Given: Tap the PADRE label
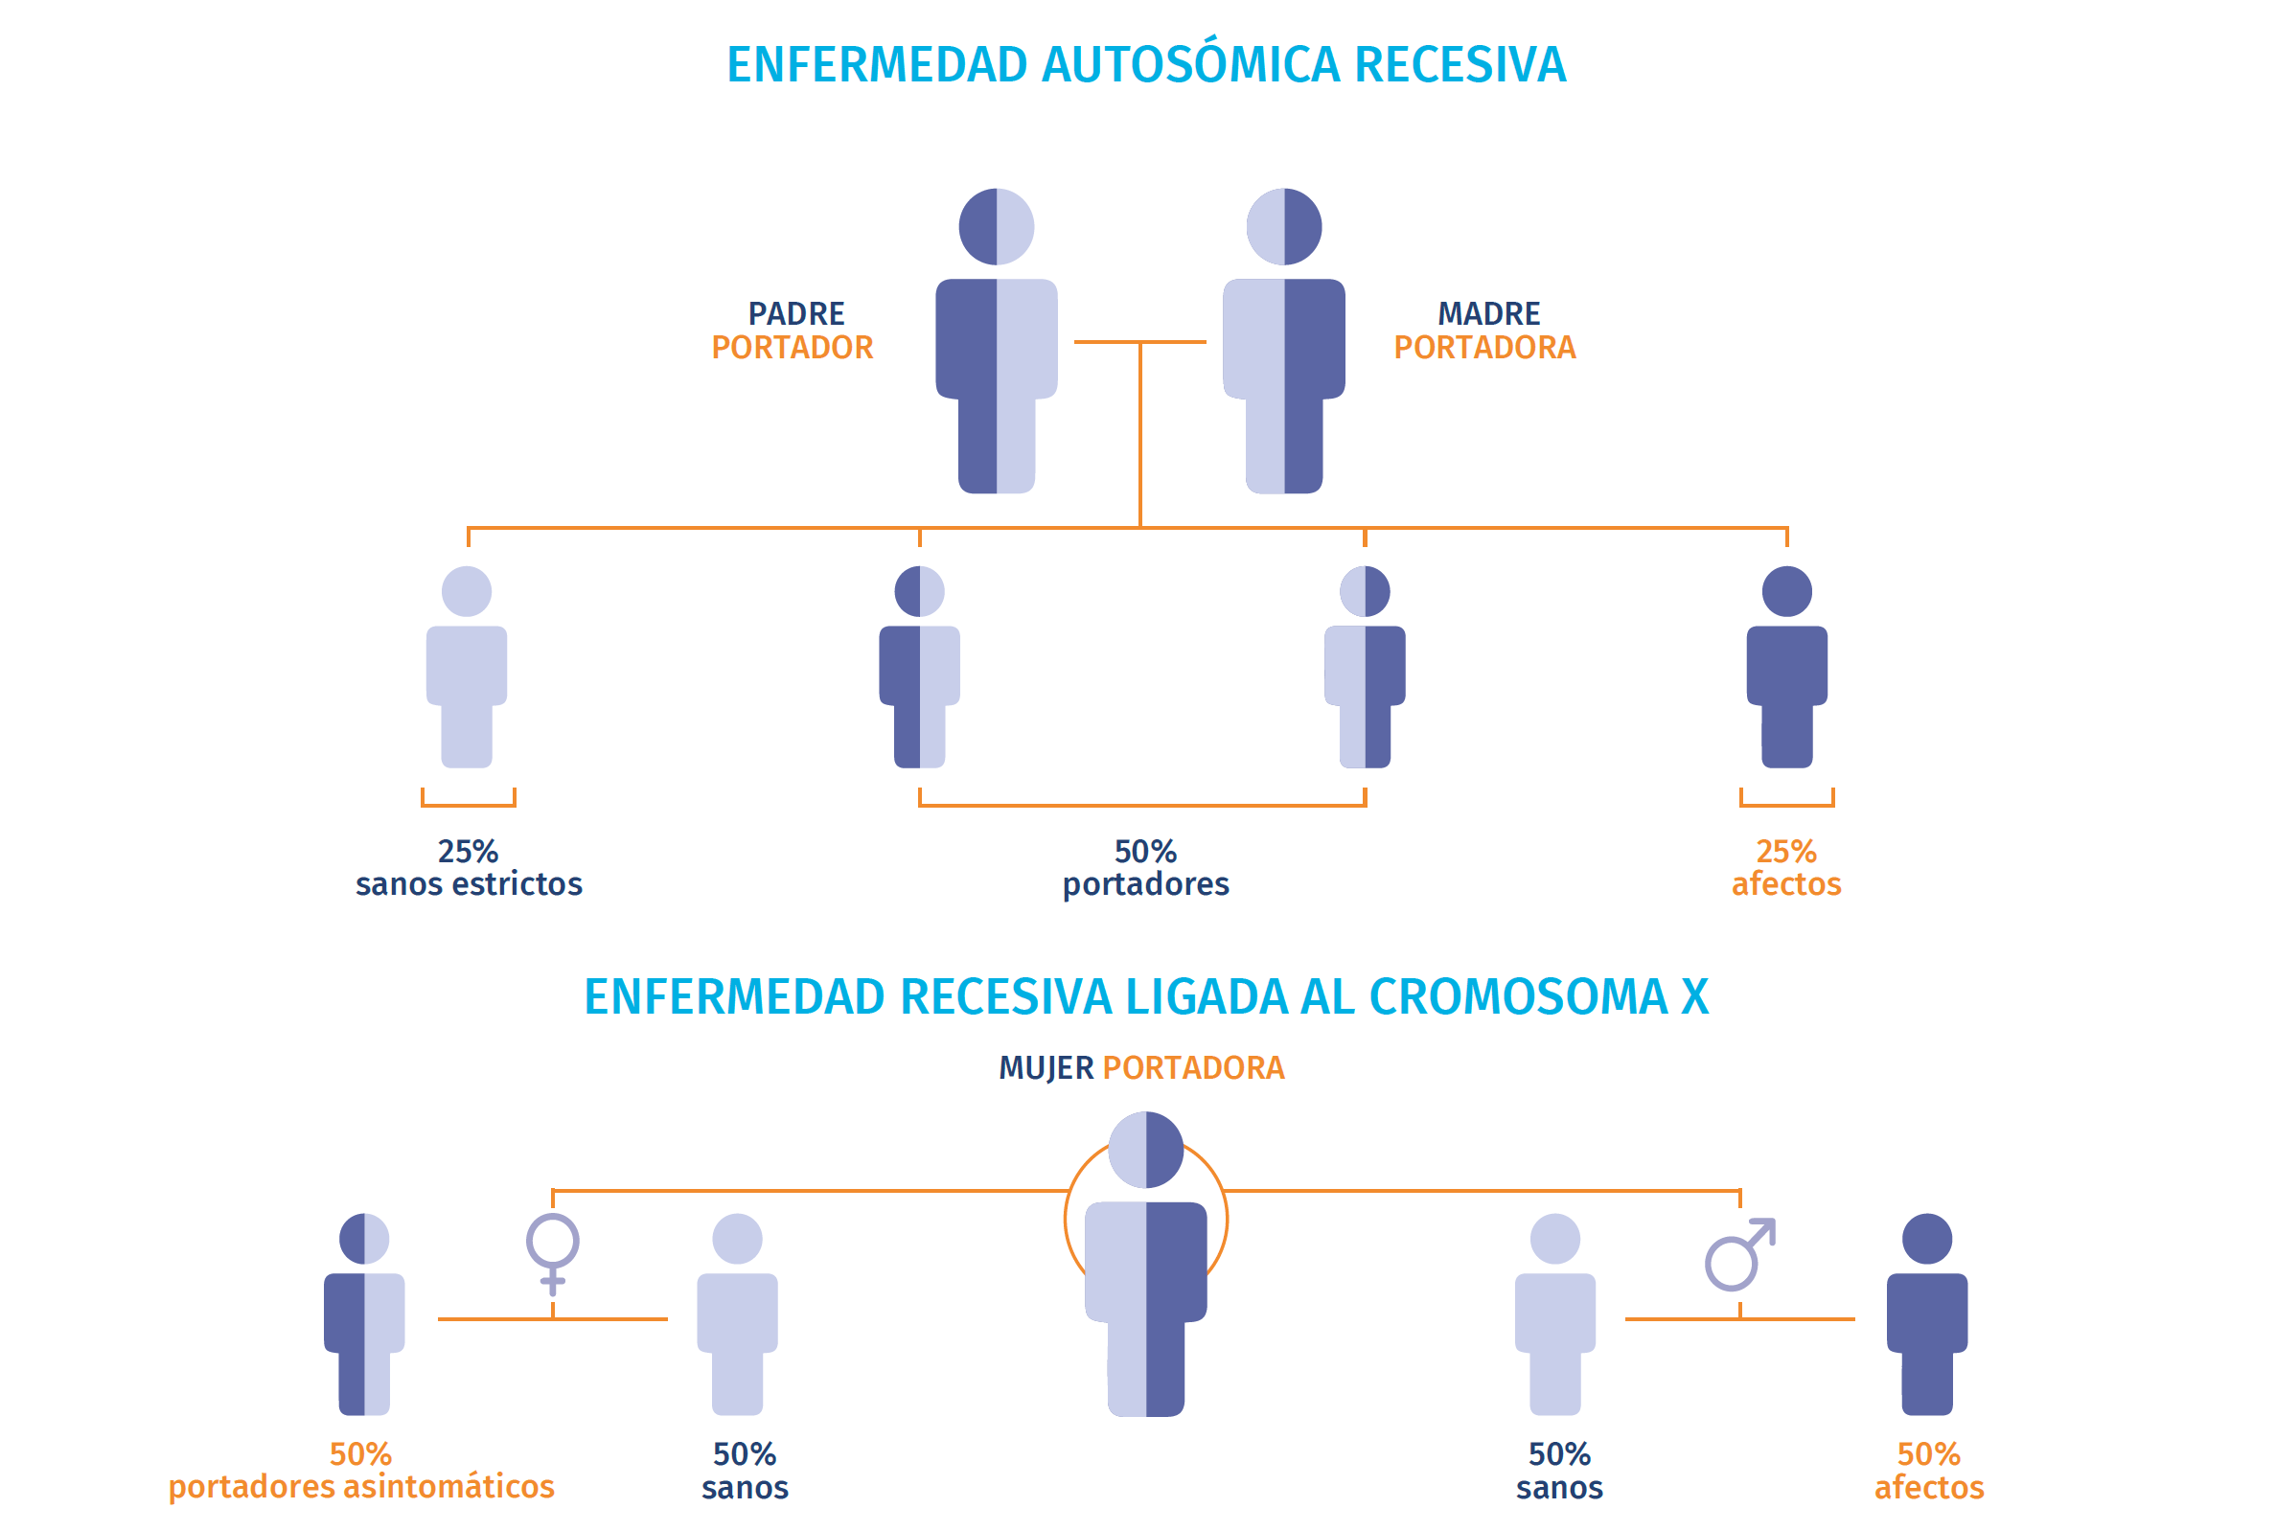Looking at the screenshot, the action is (795, 313).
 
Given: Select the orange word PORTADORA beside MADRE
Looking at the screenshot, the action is (1484, 348).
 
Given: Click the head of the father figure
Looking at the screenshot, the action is (996, 226).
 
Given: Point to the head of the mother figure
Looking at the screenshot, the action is (1284, 226).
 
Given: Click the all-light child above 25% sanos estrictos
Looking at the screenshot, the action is (467, 667).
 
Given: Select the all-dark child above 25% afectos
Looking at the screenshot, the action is (1787, 667).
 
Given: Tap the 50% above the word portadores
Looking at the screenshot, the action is (1145, 852).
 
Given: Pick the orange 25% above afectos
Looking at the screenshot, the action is (1786, 852).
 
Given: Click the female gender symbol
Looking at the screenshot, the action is (553, 1254).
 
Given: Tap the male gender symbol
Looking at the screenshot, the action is (1740, 1255).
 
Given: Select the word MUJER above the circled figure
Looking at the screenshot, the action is (1046, 1068).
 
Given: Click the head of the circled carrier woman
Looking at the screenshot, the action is (1145, 1151).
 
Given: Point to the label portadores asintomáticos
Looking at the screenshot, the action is (361, 1487).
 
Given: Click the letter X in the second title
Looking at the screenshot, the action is (1694, 997).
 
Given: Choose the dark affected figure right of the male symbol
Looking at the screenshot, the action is (1926, 1314).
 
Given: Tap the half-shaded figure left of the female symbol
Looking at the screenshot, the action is (364, 1314).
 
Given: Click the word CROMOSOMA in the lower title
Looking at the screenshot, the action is (1518, 997).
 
